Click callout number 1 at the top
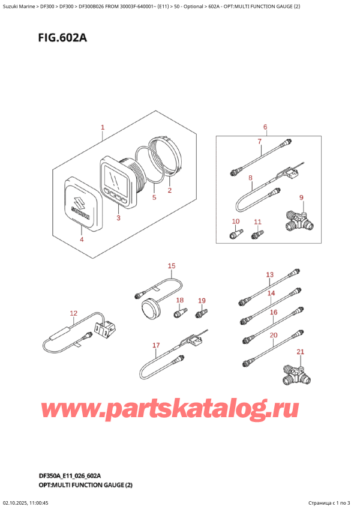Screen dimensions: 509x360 point(103,128)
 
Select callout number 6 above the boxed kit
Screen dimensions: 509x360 point(265,127)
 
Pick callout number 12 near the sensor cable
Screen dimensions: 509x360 point(73,313)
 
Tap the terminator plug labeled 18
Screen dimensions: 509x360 point(178,313)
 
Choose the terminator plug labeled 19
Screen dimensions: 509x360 point(202,312)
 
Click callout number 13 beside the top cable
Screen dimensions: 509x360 point(269,275)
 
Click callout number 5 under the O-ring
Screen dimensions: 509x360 point(154,197)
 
